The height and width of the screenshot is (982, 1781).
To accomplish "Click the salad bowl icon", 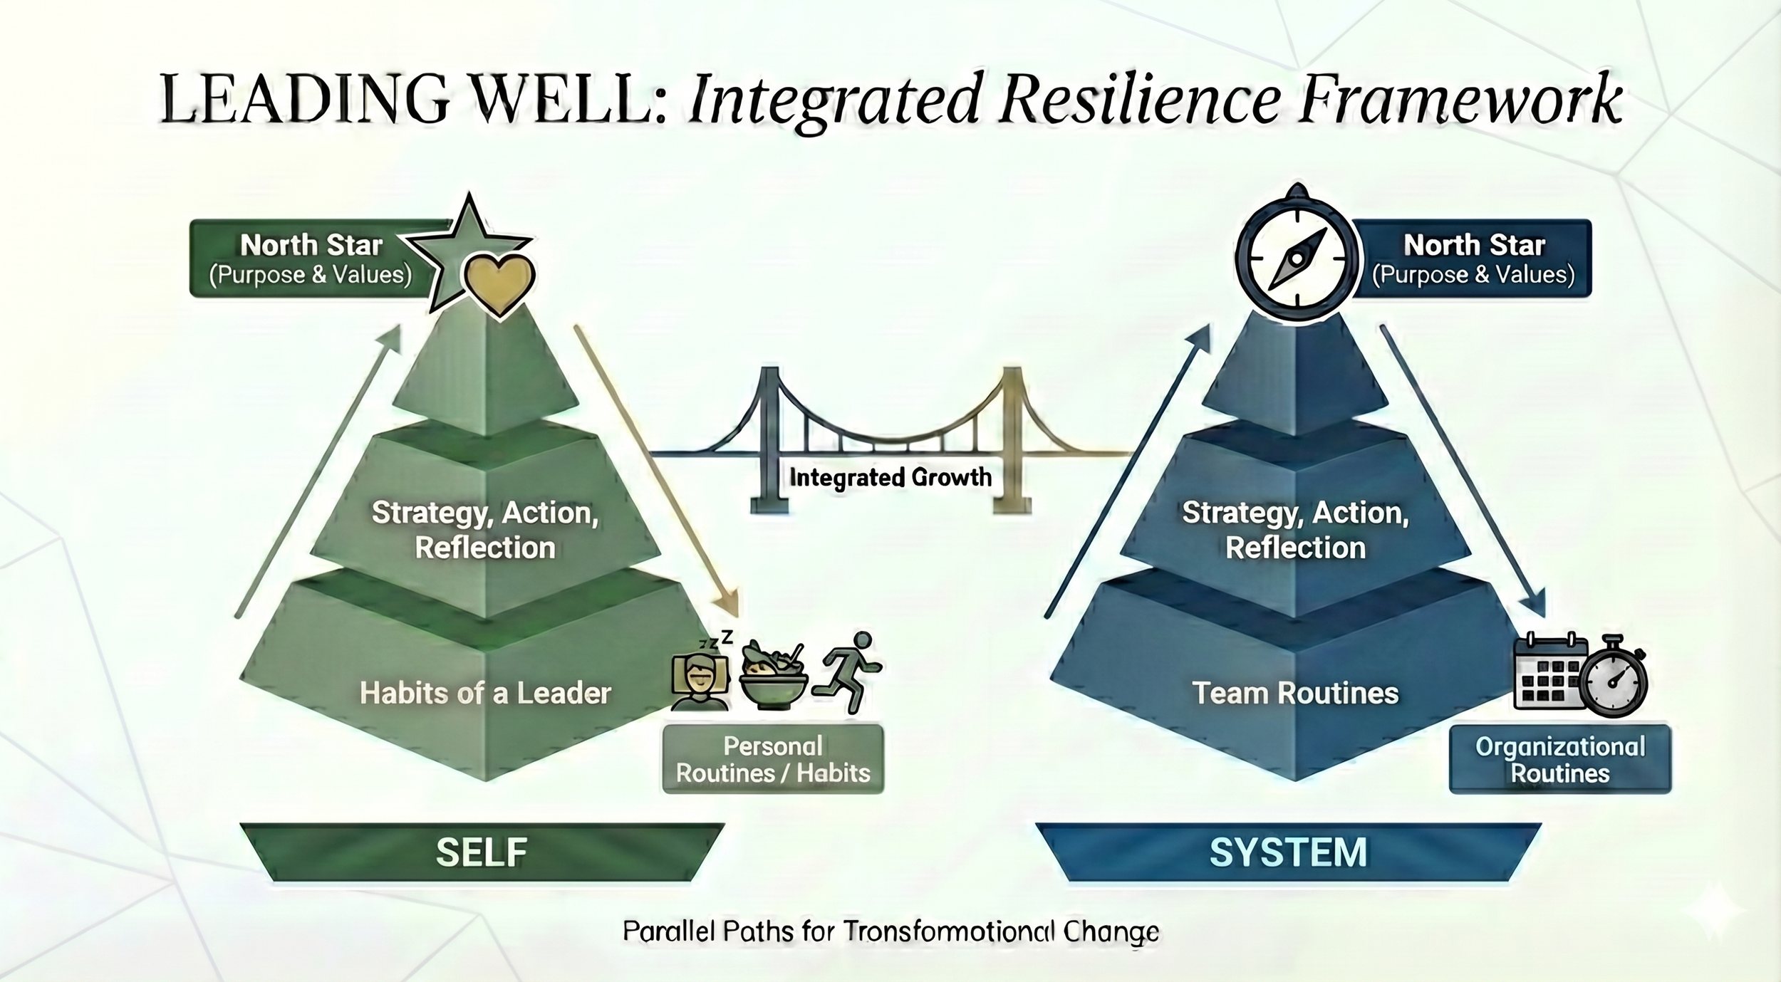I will coord(774,677).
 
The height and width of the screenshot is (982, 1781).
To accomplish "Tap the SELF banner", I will coord(482,852).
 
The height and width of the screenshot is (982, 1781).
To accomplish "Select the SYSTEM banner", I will coord(1288,852).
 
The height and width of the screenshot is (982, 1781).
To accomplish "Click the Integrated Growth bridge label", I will coord(890,477).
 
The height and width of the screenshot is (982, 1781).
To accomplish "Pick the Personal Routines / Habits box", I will coord(773,760).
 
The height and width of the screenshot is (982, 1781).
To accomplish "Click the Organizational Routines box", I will coord(1560,760).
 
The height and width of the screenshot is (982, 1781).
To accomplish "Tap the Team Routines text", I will coord(1295,693).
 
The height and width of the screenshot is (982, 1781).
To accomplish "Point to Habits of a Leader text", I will coord(485,693).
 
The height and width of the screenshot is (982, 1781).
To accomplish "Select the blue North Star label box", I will coord(1473,258).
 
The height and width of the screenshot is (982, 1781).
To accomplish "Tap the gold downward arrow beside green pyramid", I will coord(655,470).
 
